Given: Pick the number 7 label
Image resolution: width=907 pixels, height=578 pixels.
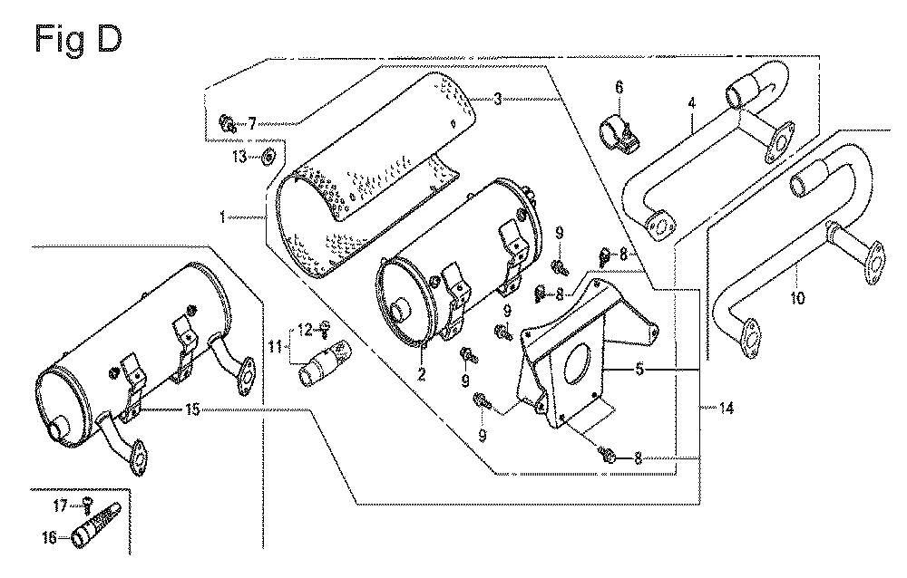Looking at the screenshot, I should pyautogui.click(x=252, y=122).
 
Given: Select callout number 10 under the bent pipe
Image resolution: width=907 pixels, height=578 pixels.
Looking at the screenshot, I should pyautogui.click(x=797, y=297).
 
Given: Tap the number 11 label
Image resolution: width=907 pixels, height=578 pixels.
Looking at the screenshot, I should pyautogui.click(x=273, y=345).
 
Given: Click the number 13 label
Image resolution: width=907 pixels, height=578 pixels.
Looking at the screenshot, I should pyautogui.click(x=239, y=157).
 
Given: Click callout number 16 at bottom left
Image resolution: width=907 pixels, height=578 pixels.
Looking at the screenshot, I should pyautogui.click(x=49, y=536).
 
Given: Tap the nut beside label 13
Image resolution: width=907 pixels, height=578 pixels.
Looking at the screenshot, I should pyautogui.click(x=268, y=158).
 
